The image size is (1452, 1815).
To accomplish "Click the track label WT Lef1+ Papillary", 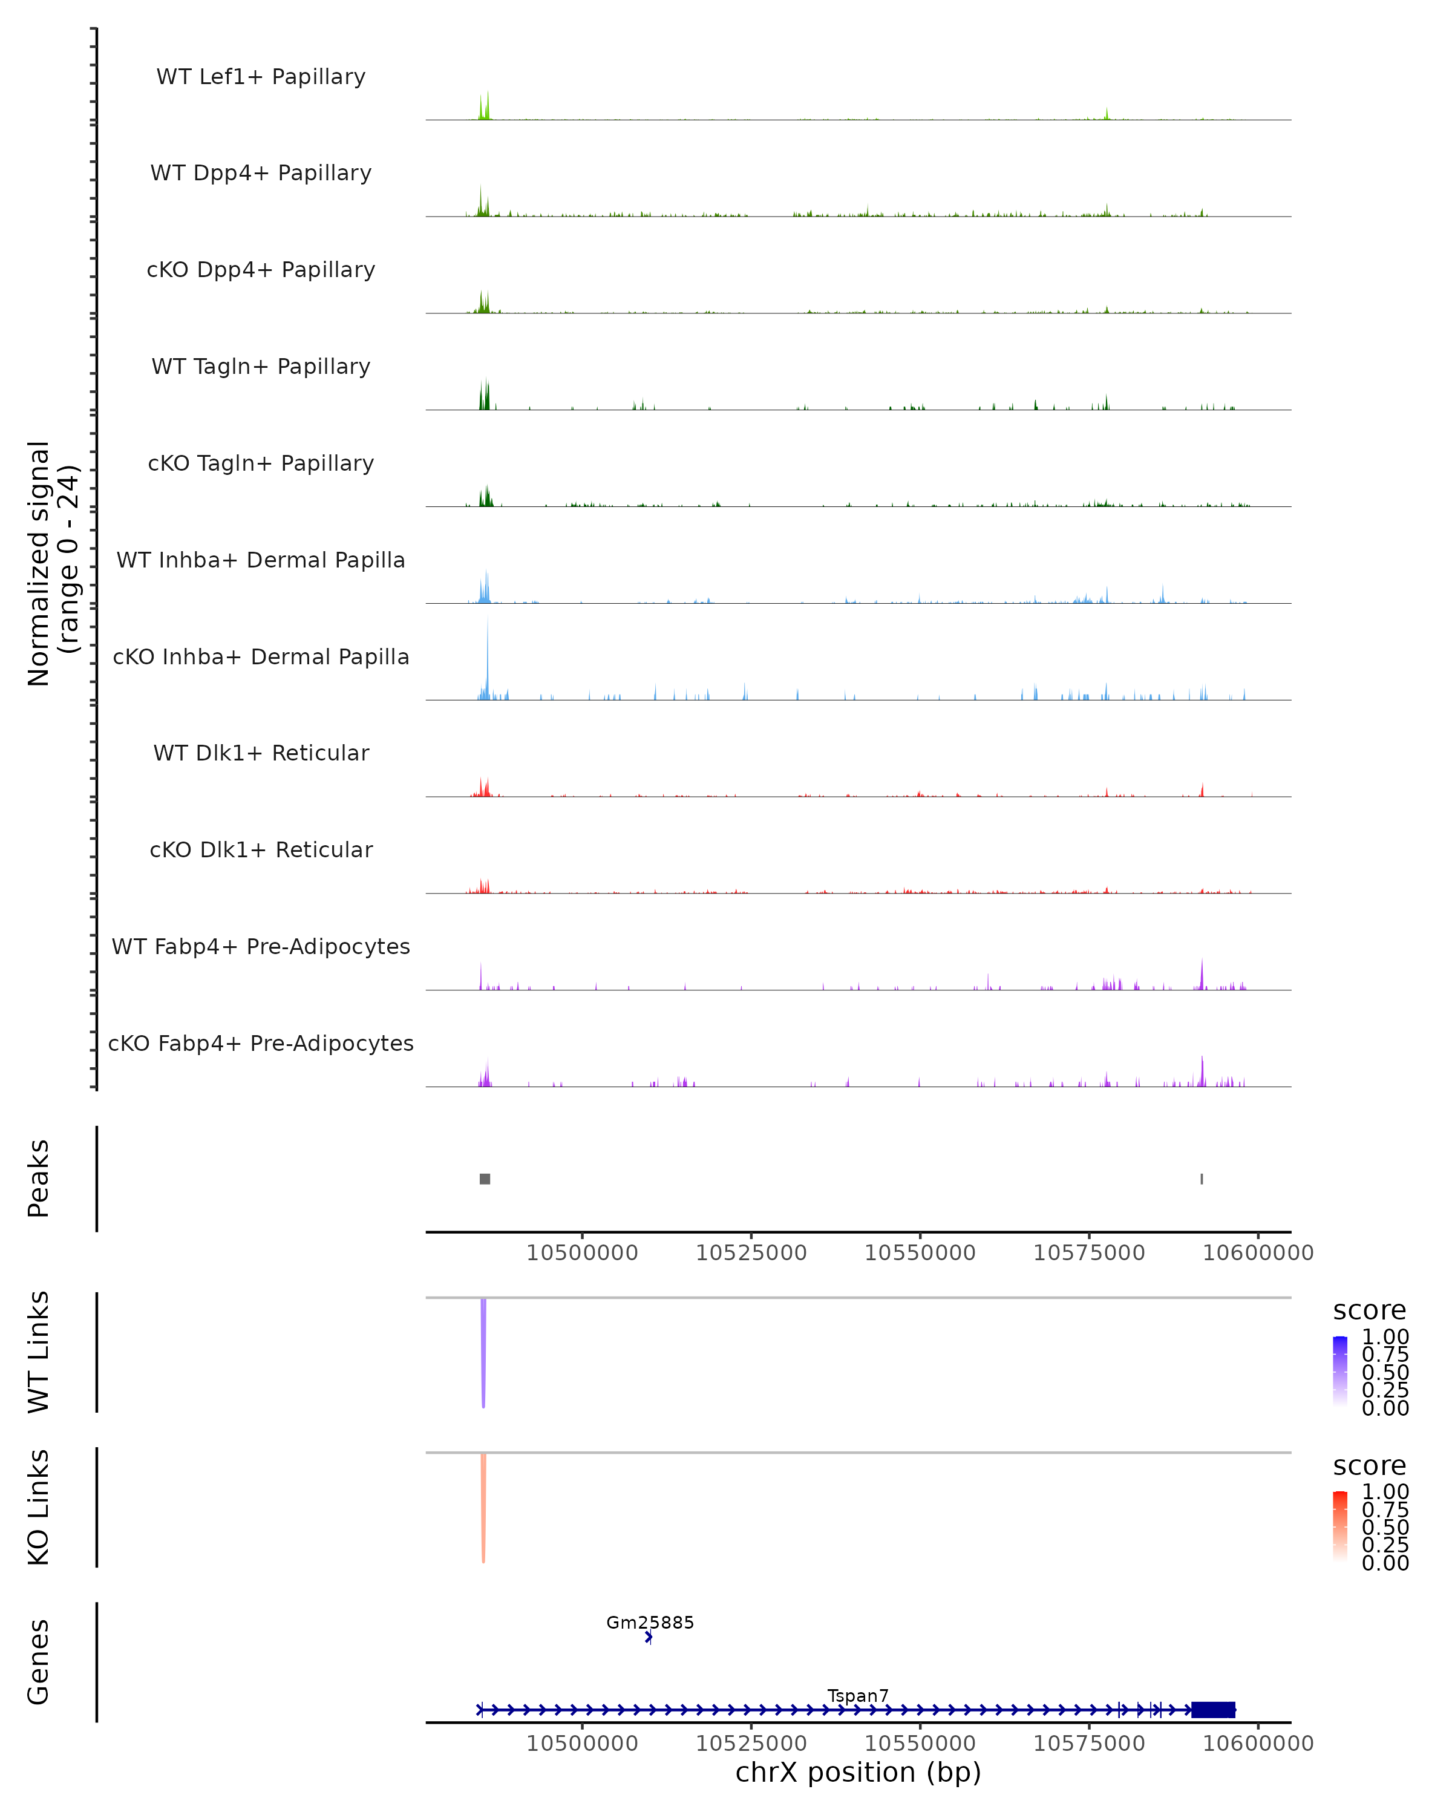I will click(261, 77).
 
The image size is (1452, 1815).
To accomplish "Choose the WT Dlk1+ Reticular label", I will click(261, 753).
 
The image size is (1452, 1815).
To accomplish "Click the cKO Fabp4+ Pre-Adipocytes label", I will click(261, 1043).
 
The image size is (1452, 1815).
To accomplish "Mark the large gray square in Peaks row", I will click(485, 1179).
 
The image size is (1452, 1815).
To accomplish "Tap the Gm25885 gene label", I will click(650, 1622).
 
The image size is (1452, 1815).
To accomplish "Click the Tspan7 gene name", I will click(858, 1695).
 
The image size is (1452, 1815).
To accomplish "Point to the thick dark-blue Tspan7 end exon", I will click(1213, 1710).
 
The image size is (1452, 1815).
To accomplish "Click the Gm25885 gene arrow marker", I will click(648, 1637).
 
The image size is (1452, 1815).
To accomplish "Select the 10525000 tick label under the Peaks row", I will click(751, 1253).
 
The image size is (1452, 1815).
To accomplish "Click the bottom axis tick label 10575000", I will click(1088, 1744).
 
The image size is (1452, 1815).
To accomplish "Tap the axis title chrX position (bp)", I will click(858, 1773).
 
